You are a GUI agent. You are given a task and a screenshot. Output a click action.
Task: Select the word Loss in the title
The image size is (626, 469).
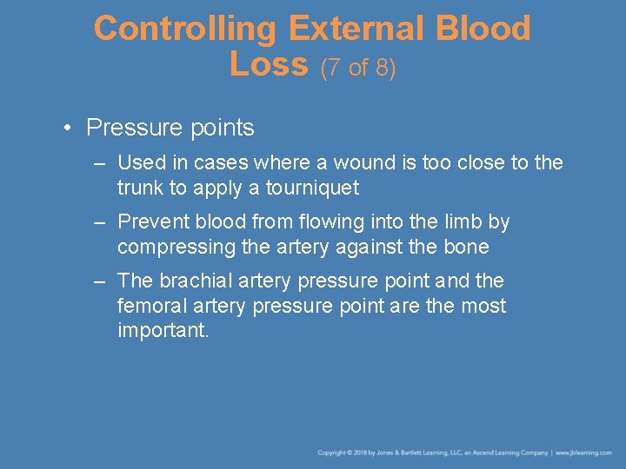[x=270, y=64]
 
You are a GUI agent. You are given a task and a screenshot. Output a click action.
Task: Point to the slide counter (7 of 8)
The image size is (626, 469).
[x=358, y=68]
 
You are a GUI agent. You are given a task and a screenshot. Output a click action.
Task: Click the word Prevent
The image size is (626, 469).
[x=150, y=221]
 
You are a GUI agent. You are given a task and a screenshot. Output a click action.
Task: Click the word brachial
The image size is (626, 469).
[x=196, y=281]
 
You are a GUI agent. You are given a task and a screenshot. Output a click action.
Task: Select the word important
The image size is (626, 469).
[x=163, y=331]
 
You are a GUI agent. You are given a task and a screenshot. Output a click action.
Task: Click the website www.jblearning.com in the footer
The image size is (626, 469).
[x=584, y=453]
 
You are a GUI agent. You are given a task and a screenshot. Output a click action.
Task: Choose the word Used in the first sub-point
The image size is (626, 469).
[x=137, y=162]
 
